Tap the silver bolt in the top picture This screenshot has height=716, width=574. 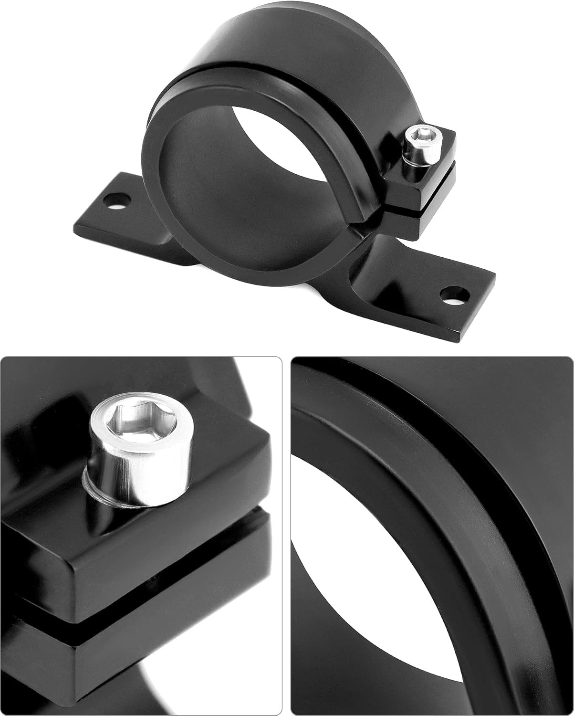pyautogui.click(x=415, y=150)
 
